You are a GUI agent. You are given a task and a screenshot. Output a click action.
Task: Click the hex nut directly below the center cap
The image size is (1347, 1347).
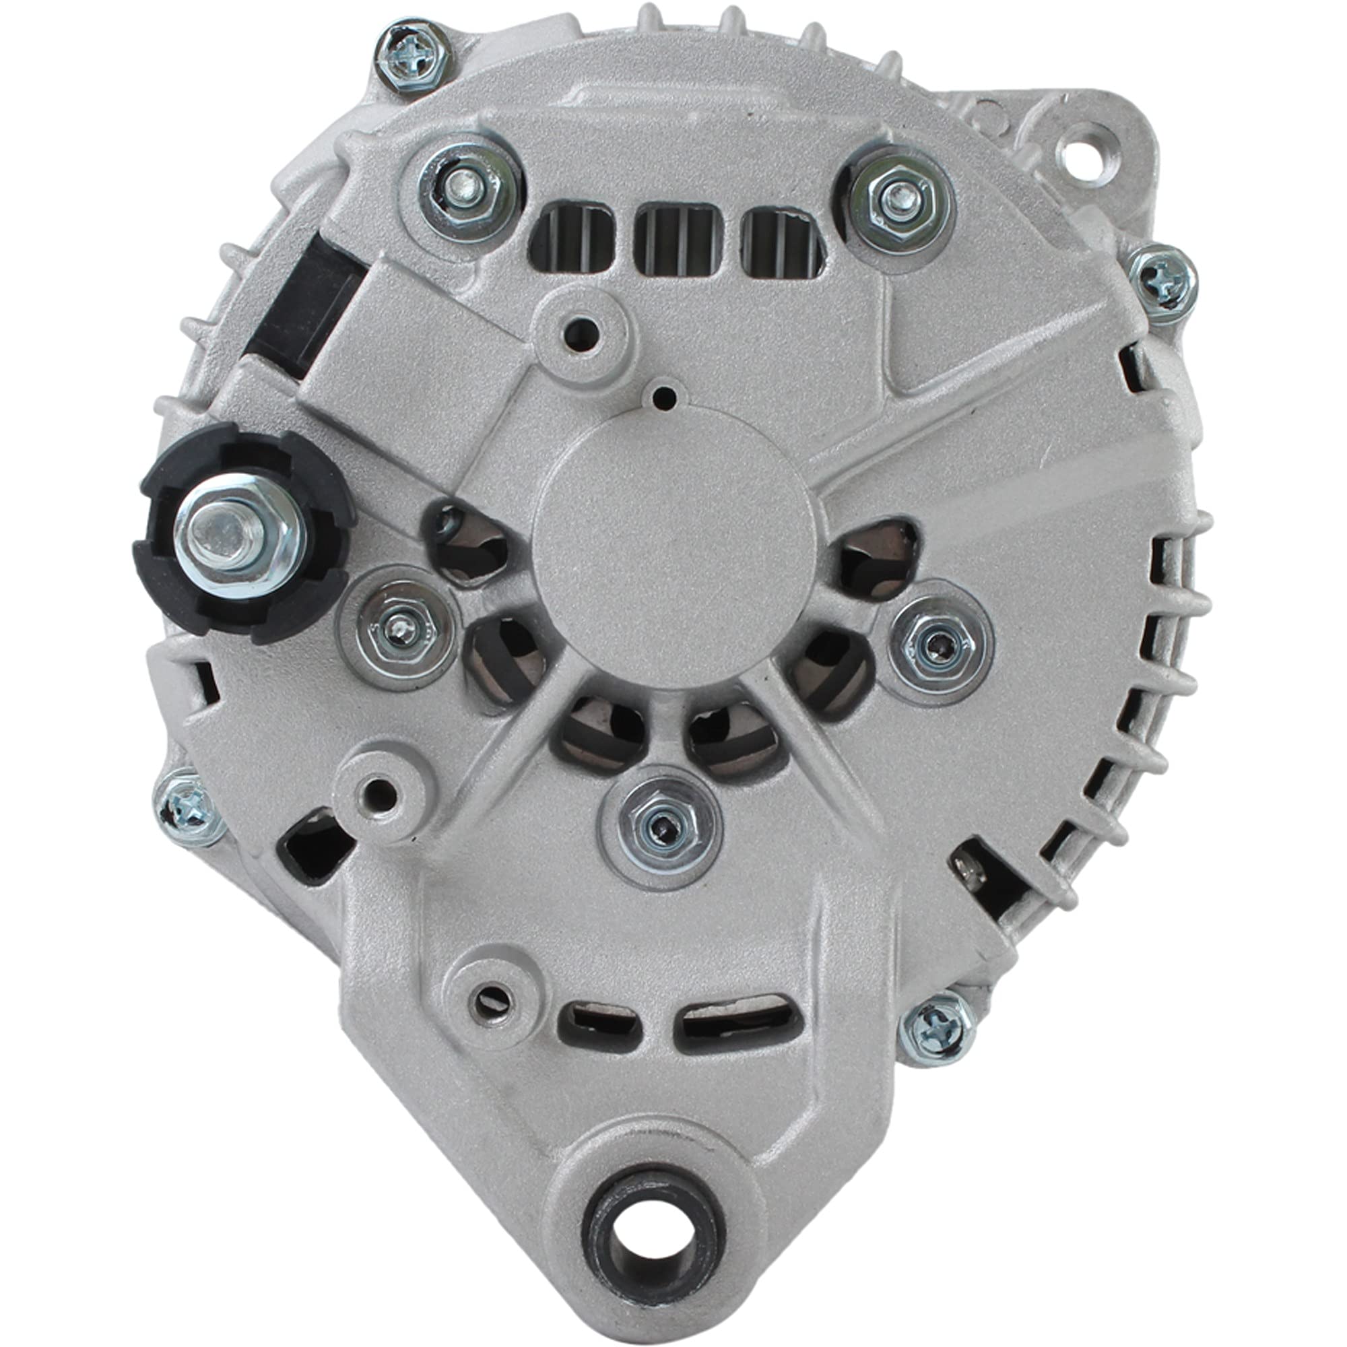[660, 827]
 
